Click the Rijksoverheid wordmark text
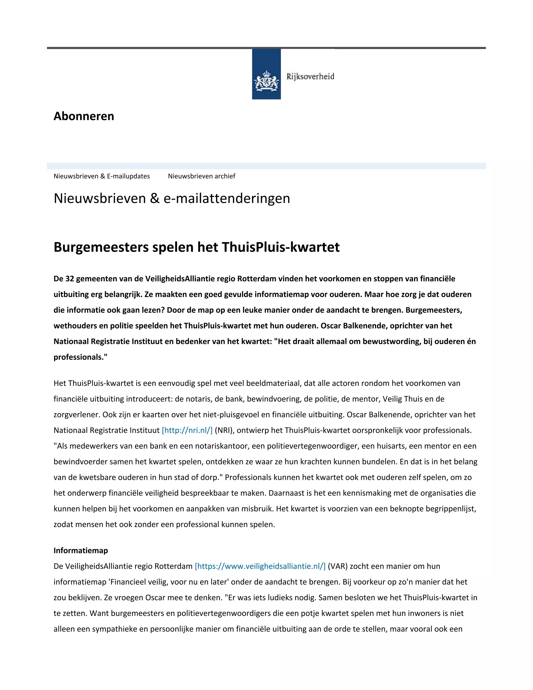point(310,77)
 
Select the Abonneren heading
point(84,116)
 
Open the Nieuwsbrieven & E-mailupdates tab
point(102,176)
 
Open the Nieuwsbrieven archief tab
point(201,176)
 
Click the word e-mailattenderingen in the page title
point(226,198)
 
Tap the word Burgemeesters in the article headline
point(101,247)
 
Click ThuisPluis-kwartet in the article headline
point(281,247)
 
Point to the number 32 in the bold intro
point(69,279)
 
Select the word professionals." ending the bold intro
point(80,357)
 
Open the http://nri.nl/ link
point(187,430)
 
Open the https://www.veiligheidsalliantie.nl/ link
point(260,566)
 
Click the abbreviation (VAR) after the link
point(338,566)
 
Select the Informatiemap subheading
point(80,550)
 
